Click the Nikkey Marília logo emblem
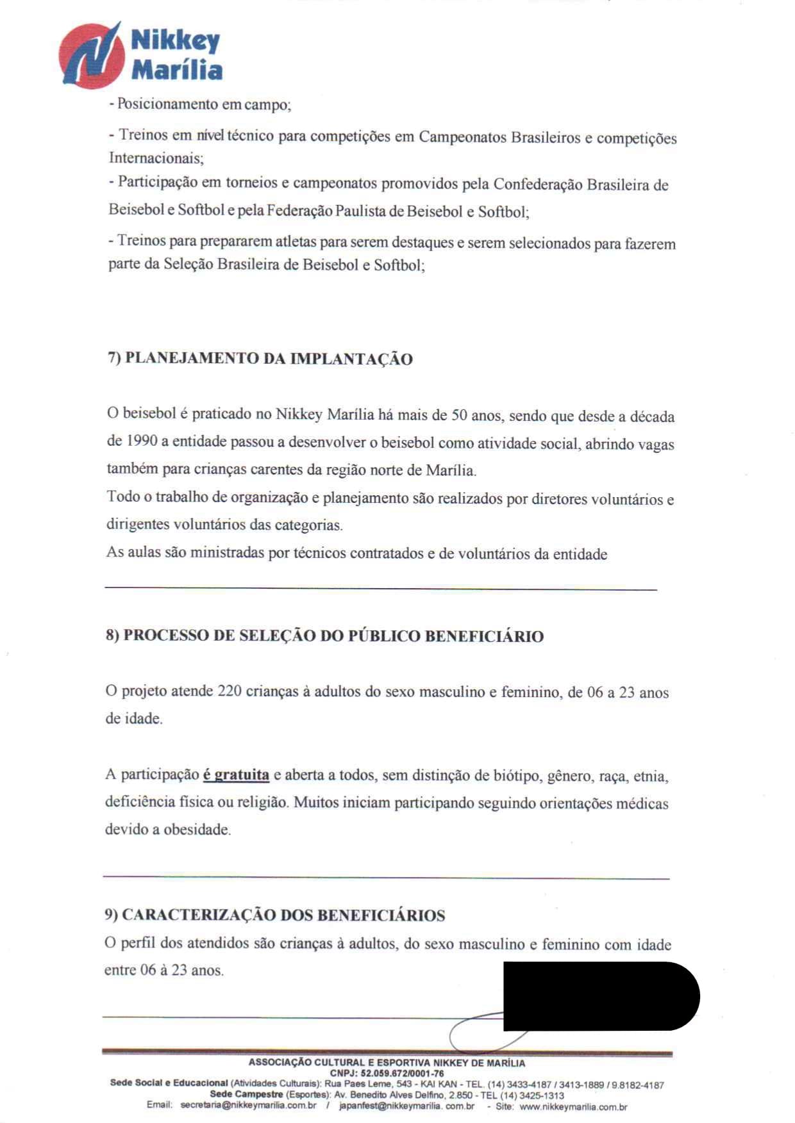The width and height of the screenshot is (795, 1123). coord(92,55)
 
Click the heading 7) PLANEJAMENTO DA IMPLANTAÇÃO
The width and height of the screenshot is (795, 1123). coord(260,359)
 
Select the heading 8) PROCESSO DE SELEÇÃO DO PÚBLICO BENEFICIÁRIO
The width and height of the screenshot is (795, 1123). coord(324,636)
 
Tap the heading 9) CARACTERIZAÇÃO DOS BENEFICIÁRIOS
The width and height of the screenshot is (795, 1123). coord(275,915)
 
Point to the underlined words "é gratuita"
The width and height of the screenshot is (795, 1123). coord(236,775)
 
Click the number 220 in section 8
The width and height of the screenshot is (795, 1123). coord(230,691)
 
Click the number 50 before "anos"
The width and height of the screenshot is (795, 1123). coord(460,414)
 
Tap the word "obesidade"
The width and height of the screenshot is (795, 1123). coord(197,830)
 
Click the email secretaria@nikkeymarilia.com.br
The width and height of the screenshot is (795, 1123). coord(248,1106)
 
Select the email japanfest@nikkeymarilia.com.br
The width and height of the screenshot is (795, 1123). coord(406,1106)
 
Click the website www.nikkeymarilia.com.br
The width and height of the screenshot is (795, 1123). coord(573,1106)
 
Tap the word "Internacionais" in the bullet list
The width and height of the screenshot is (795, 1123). coord(156,158)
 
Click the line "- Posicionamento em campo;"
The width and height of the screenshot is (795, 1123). coord(201,104)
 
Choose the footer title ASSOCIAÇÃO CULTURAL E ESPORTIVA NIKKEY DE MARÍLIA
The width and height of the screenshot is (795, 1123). coord(387,1063)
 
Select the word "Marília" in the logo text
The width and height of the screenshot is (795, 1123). coord(177,70)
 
